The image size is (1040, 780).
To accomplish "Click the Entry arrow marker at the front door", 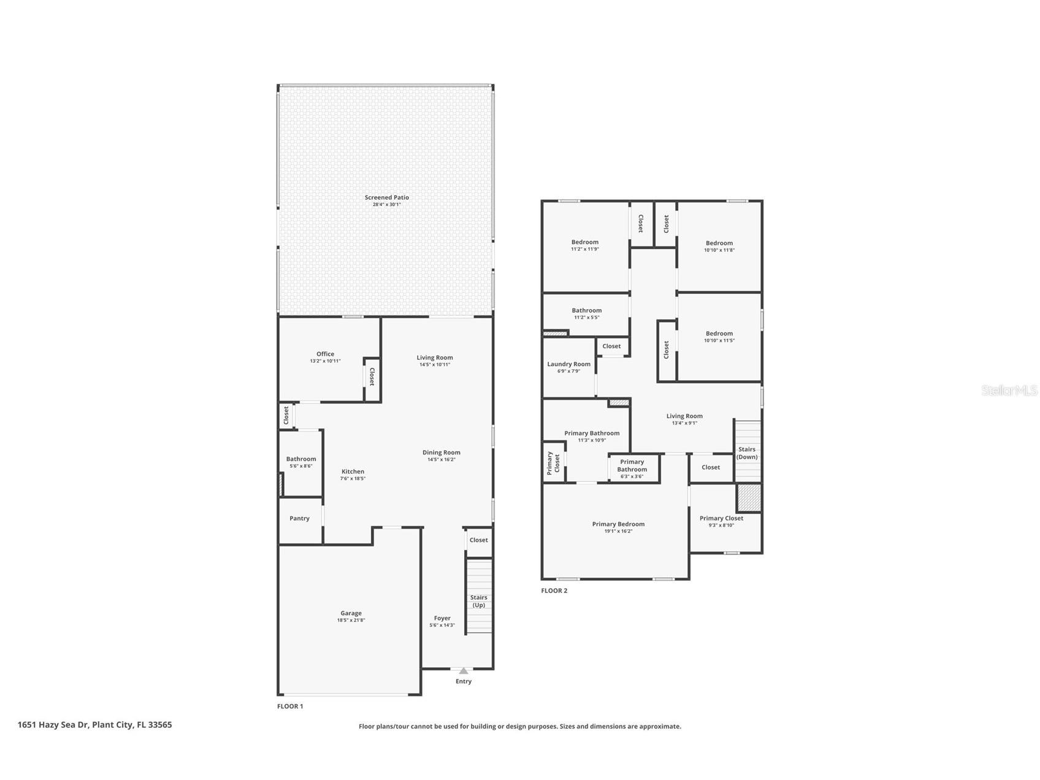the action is click(464, 671).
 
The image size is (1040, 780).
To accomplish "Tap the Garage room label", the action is click(351, 613).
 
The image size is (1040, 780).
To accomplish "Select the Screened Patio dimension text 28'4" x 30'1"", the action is click(387, 205).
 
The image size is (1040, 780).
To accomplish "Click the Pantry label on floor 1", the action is click(299, 519).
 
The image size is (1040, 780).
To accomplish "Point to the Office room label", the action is click(326, 354).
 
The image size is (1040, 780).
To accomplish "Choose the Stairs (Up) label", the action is click(479, 601).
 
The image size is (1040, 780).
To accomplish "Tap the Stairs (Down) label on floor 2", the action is click(747, 453).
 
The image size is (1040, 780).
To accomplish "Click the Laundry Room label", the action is click(569, 364).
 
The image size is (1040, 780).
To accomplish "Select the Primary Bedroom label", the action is click(618, 524).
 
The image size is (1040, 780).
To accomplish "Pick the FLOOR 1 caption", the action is click(290, 706).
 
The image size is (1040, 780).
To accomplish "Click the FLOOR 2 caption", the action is click(554, 591).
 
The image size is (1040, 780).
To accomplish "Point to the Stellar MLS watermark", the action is click(1009, 390).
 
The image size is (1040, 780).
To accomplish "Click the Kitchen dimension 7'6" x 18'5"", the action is click(353, 479).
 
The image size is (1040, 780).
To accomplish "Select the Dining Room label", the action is click(442, 453).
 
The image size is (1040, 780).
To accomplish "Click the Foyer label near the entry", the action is click(442, 618).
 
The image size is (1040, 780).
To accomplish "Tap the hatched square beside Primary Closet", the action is click(749, 497).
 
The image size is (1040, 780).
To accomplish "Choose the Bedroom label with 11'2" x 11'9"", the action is click(585, 242).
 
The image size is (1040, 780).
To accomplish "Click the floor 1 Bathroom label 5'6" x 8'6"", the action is click(301, 459).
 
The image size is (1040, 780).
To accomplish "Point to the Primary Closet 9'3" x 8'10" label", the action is click(721, 518).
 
